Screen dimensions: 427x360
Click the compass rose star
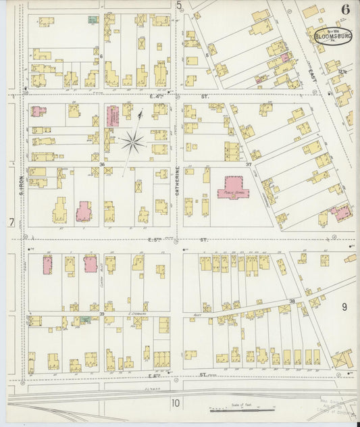click(133, 141)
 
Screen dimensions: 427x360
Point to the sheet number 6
click(345, 9)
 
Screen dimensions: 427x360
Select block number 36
click(103, 164)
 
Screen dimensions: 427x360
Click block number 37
click(249, 164)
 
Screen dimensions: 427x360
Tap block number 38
click(292, 301)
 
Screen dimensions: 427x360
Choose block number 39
click(103, 314)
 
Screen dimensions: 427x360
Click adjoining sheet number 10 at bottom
click(176, 404)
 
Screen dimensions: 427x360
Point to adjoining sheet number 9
click(344, 307)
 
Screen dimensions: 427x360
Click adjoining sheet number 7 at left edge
click(11, 222)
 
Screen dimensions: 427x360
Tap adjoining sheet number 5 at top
click(179, 6)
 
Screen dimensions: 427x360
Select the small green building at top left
click(91, 20)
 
